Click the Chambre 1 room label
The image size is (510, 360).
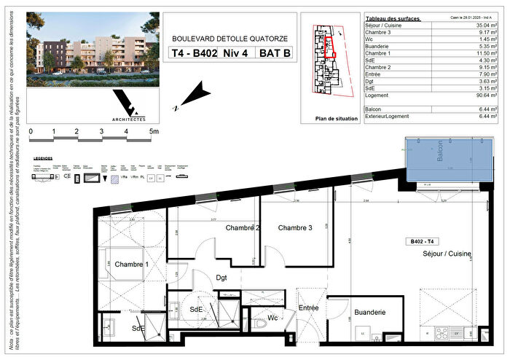tap(131, 265)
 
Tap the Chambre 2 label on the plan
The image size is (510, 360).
tap(243, 228)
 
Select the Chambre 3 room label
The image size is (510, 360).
tap(295, 228)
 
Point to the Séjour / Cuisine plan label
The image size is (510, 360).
tap(447, 254)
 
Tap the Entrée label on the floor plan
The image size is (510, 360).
tap(309, 309)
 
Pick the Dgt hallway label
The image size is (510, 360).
tap(222, 277)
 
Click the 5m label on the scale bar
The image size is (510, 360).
tap(154, 132)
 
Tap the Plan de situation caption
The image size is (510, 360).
tap(334, 119)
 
